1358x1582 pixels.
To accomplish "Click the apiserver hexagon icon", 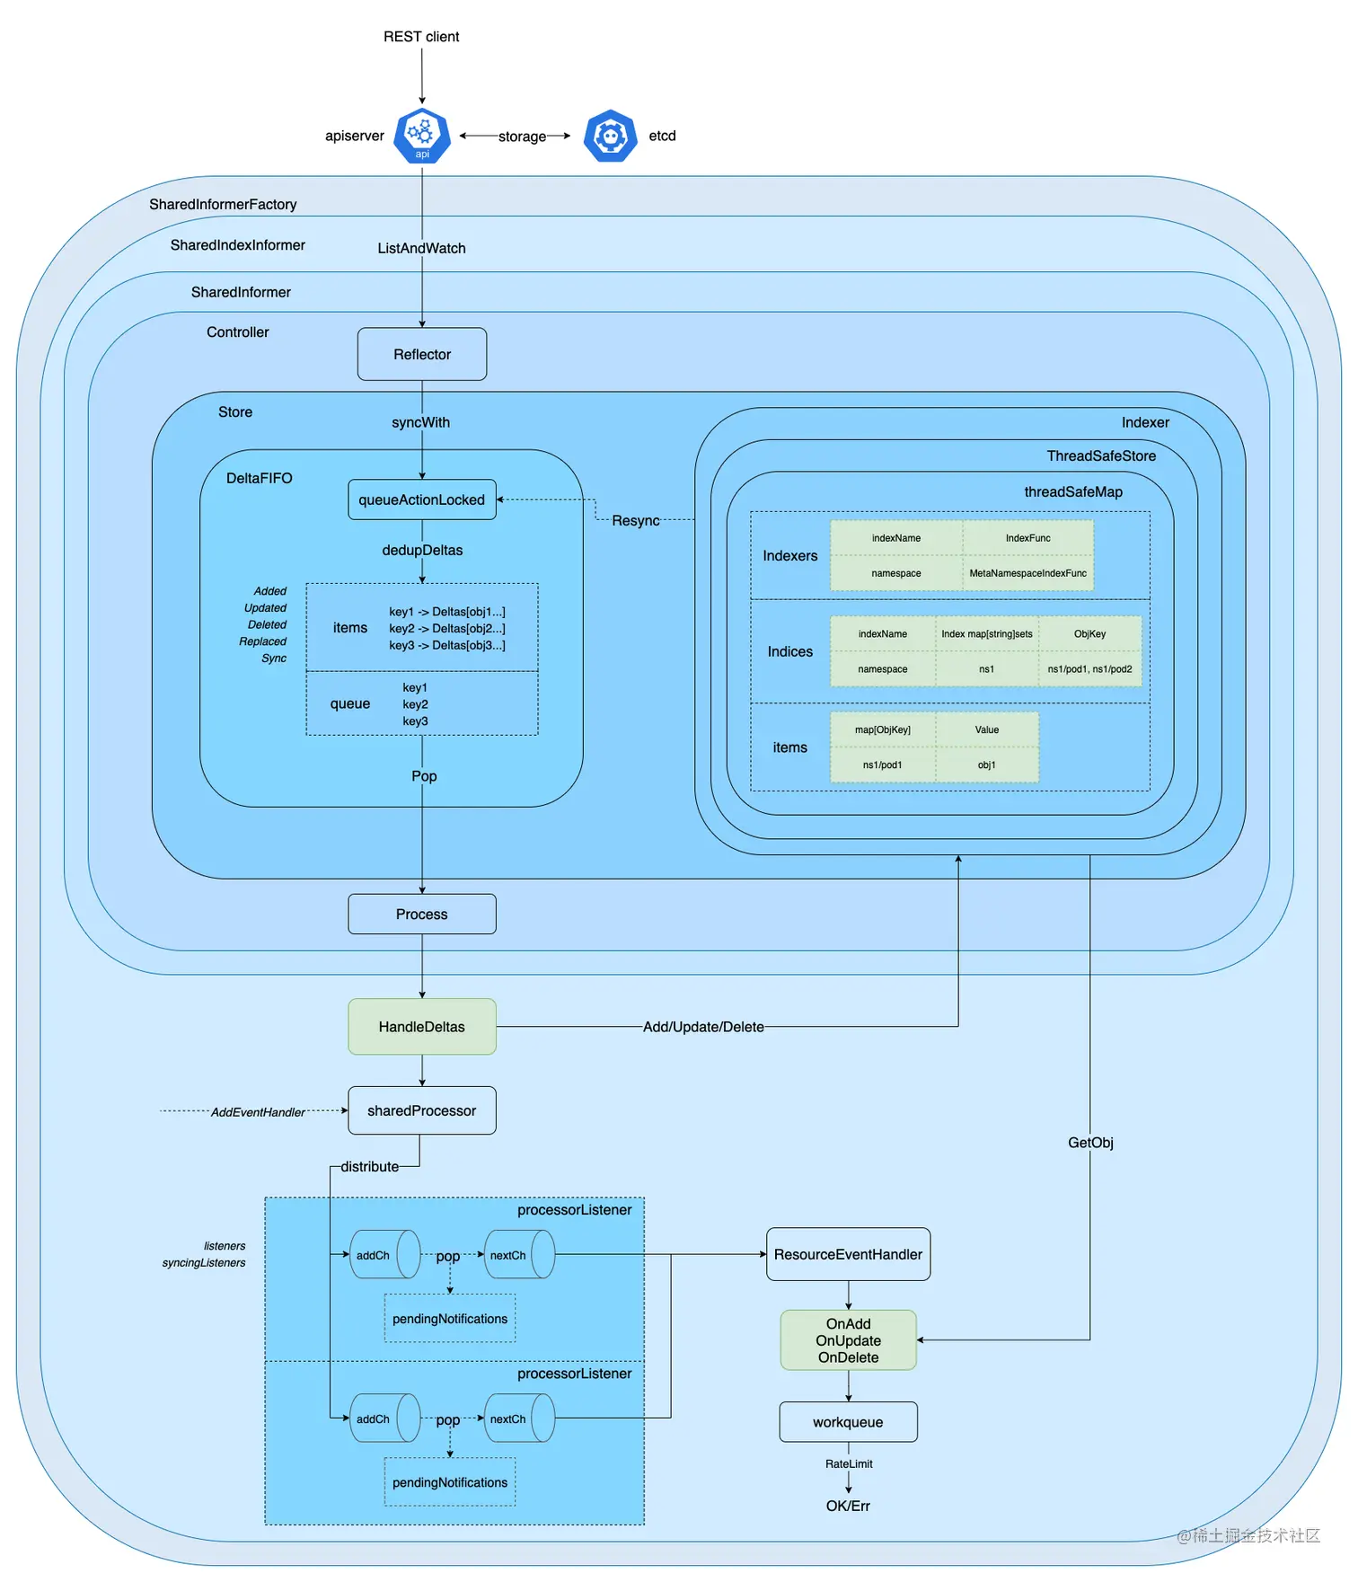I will pos(422,136).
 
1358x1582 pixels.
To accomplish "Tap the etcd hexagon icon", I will pos(611,136).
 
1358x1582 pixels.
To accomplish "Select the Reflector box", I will pos(422,354).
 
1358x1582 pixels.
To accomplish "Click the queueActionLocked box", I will pos(422,499).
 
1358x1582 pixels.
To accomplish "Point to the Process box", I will pos(422,914).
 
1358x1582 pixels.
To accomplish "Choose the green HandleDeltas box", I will pos(422,1027).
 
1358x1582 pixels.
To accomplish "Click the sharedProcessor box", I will pos(422,1110).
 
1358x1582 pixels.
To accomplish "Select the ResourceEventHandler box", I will pos(848,1254).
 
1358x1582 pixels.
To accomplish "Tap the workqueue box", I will pos(848,1422).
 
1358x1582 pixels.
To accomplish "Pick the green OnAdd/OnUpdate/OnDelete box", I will pos(848,1340).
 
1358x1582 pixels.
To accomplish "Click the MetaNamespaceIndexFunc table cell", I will pos(1027,573).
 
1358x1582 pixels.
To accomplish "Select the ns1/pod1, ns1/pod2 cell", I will pos(1089,669).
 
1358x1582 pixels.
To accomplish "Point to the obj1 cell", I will pos(986,765).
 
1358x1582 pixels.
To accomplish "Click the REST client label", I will pos(421,37).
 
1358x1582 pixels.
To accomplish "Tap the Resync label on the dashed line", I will pos(636,521).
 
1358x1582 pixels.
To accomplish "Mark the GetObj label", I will pos(1090,1143).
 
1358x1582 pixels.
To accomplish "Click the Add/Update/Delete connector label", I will pos(703,1027).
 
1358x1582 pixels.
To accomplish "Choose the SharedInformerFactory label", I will pos(223,205).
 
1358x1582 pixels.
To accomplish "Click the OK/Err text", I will pos(848,1506).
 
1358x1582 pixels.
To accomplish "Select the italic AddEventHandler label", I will pos(258,1112).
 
